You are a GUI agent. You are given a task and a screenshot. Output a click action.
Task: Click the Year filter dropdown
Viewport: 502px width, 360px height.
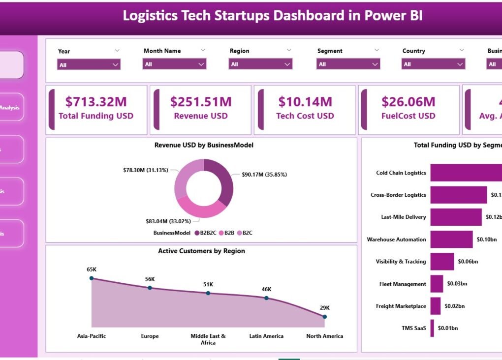[89, 64]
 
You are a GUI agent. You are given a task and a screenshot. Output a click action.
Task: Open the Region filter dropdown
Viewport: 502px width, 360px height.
[260, 64]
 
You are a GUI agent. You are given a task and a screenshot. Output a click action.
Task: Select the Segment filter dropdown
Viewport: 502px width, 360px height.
[348, 64]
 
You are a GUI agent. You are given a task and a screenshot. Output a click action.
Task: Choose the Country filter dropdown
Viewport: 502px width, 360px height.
[433, 64]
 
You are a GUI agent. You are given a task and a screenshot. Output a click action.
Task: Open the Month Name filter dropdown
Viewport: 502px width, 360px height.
[174, 64]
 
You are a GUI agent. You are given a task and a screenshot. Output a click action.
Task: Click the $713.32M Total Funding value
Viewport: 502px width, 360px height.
[96, 102]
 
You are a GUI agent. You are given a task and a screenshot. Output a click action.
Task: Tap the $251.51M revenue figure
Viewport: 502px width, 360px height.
[201, 102]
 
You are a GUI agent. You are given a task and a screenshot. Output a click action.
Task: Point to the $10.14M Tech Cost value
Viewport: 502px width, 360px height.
[305, 102]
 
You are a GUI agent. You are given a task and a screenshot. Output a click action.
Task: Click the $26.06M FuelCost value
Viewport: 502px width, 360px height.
[408, 102]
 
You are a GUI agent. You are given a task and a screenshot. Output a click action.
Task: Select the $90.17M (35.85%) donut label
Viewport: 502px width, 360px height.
[264, 175]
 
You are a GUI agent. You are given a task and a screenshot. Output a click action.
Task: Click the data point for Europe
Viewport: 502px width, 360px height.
[150, 288]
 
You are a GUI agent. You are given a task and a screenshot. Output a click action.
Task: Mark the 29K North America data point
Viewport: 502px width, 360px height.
[325, 317]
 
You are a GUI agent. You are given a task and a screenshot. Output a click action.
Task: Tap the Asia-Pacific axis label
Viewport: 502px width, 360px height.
[92, 336]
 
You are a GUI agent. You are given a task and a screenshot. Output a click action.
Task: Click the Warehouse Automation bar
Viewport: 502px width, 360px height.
[451, 240]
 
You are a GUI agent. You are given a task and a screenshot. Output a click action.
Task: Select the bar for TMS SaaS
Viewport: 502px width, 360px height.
[432, 328]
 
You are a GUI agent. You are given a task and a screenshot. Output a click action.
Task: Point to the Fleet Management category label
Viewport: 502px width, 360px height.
[403, 284]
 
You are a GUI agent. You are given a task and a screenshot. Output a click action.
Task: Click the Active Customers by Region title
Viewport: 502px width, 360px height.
[201, 251]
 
